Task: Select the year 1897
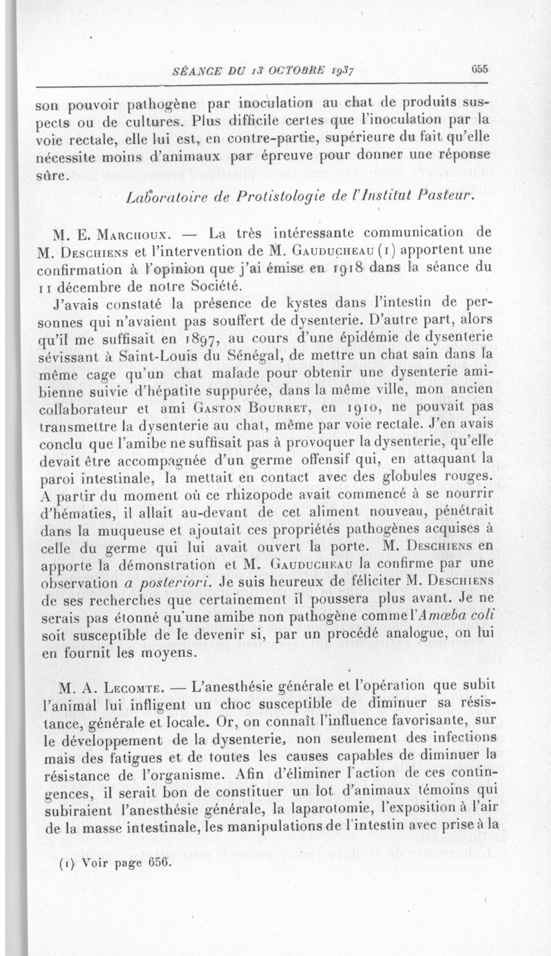(198, 337)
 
